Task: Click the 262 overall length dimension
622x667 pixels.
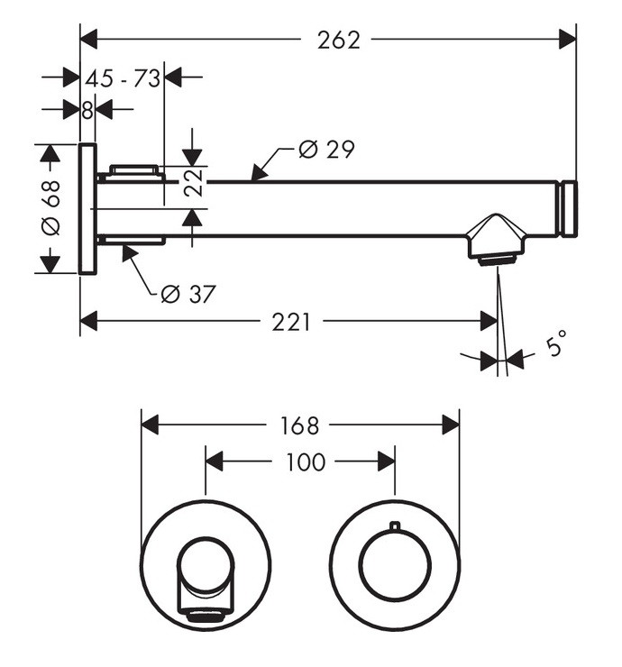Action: coord(338,40)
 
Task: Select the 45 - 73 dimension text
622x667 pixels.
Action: coord(123,78)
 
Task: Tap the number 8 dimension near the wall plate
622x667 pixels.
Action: coord(87,110)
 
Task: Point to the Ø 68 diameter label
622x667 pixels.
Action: coord(51,207)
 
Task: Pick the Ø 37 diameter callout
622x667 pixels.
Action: coord(188,293)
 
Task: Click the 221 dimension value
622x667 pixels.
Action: coord(291,322)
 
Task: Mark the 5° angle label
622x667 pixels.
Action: coord(557,343)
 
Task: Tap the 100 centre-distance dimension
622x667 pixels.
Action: coord(305,462)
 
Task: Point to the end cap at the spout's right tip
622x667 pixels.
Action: coord(569,209)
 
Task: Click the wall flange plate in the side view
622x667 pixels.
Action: coord(87,208)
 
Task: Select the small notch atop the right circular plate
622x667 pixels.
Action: coord(394,525)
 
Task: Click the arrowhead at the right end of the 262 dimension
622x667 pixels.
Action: coord(568,40)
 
